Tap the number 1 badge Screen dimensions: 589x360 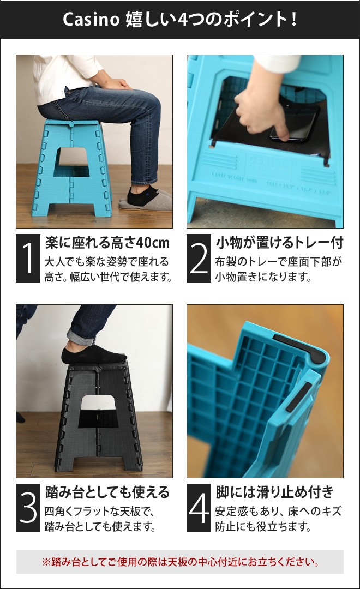click(x=28, y=259)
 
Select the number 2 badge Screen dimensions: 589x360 click(x=199, y=259)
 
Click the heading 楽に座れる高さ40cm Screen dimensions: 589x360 click(x=107, y=242)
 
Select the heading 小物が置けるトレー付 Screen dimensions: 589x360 click(x=279, y=242)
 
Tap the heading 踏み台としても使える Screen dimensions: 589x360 click(x=107, y=492)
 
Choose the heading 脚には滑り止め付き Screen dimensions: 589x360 click(x=274, y=492)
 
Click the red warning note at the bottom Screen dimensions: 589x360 click(x=180, y=561)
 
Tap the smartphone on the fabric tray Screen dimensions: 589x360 click(x=297, y=123)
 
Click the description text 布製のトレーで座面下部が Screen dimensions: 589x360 click(x=278, y=262)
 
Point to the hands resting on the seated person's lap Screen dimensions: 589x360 click(x=116, y=83)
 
